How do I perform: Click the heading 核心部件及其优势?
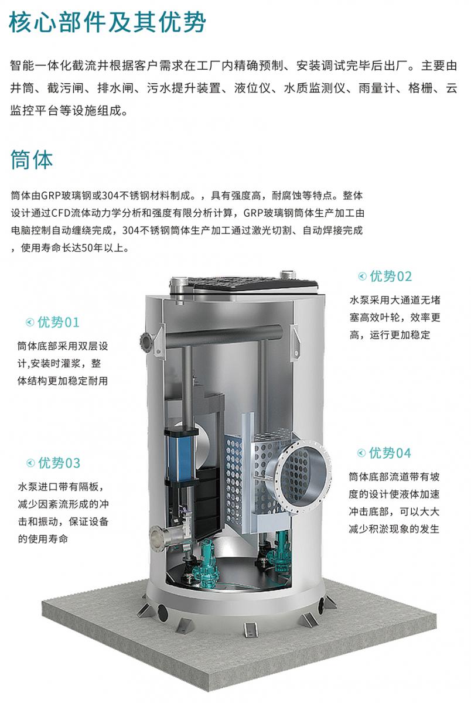pos(107,22)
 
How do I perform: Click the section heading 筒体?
pos(32,160)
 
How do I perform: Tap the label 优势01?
pos(59,322)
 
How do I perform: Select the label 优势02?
pos(391,276)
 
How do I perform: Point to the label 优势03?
pos(59,463)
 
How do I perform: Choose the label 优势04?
pos(390,453)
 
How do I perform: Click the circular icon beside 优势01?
pos(30,322)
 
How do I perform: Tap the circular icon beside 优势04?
pos(361,453)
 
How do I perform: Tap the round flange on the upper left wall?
pos(145,340)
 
